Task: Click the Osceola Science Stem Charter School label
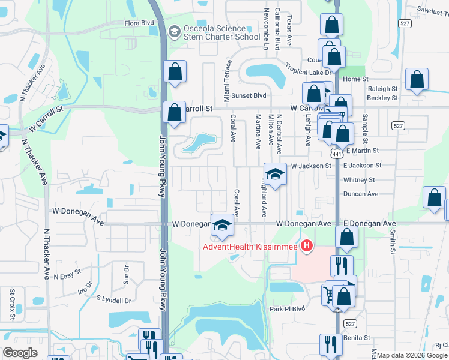pyautogui.click(x=214, y=32)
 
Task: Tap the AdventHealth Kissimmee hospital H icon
pyautogui.click(x=307, y=245)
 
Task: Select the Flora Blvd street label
pyautogui.click(x=139, y=23)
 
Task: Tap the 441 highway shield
pyautogui.click(x=337, y=154)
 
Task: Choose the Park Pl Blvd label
pyautogui.click(x=288, y=309)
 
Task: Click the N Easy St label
pyautogui.click(x=67, y=276)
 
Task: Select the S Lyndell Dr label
pyautogui.click(x=113, y=299)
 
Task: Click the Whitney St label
pyautogui.click(x=359, y=179)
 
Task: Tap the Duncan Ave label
pyautogui.click(x=360, y=194)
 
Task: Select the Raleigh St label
pyautogui.click(x=382, y=88)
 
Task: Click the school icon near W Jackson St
pyautogui.click(x=276, y=175)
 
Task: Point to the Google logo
pyautogui.click(x=20, y=353)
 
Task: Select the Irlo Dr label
pyautogui.click(x=86, y=287)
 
